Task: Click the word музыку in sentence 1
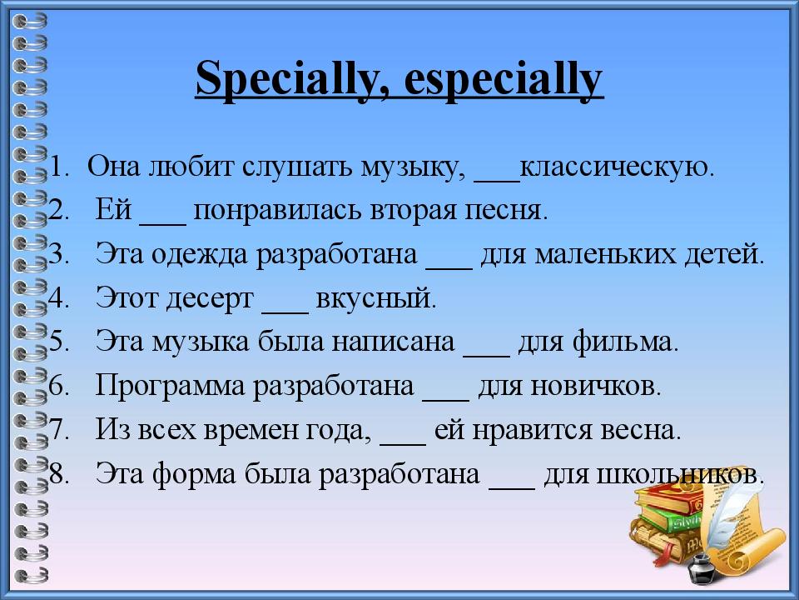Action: [x=411, y=167]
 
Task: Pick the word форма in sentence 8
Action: [x=197, y=475]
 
